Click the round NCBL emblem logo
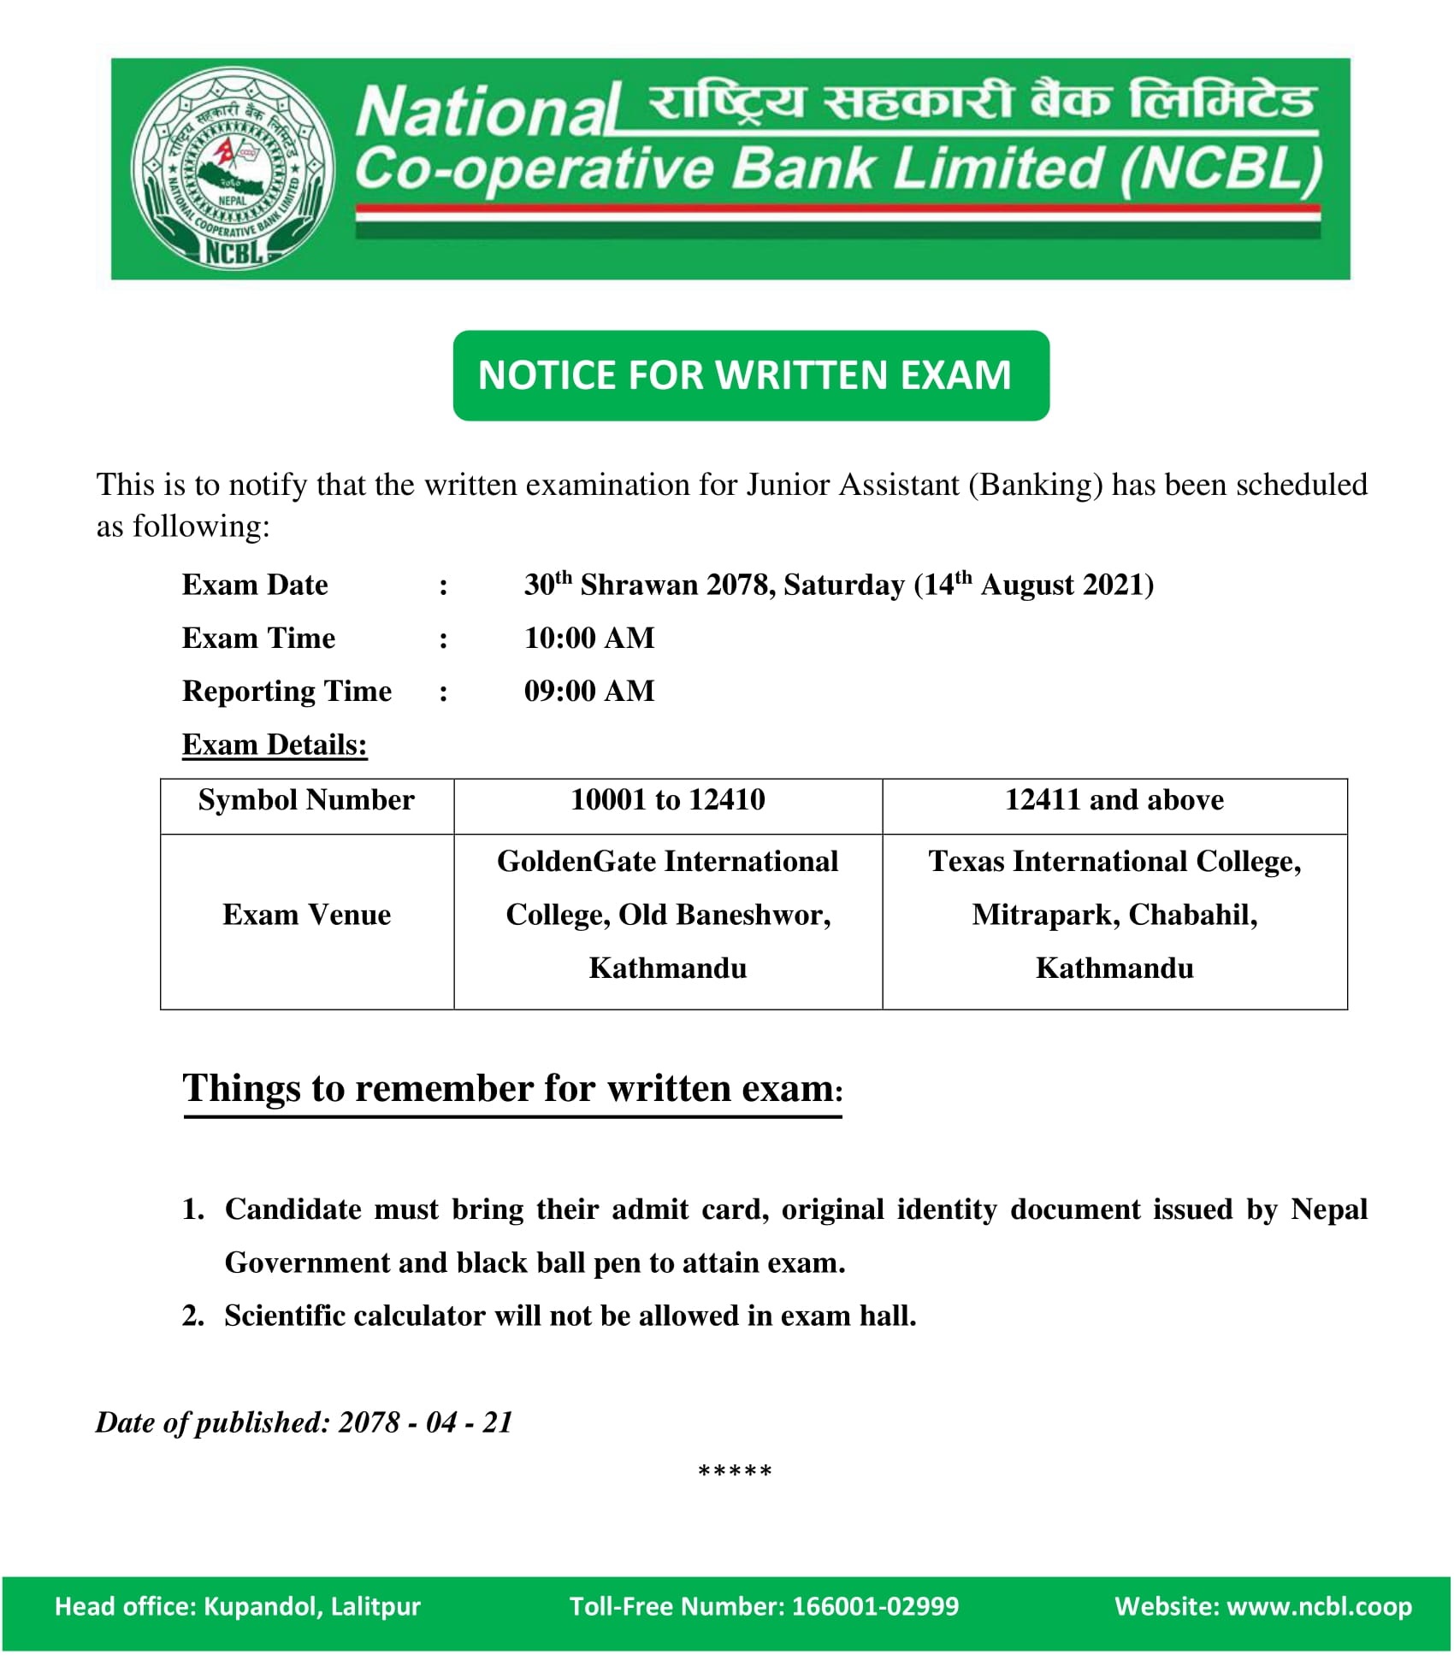coord(233,170)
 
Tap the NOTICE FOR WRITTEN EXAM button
coord(750,375)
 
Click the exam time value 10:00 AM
coord(589,638)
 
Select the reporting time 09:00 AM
coord(589,691)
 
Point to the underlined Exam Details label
coord(275,745)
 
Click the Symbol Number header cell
coord(306,800)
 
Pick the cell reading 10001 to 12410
coord(667,800)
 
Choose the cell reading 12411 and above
coord(1114,800)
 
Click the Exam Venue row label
coord(306,915)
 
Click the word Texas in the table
coord(966,862)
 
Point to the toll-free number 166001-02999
coord(875,1606)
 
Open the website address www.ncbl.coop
coord(1319,1606)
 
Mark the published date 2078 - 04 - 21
coord(425,1422)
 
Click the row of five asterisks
coord(735,1472)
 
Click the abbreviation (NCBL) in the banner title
coord(1221,168)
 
